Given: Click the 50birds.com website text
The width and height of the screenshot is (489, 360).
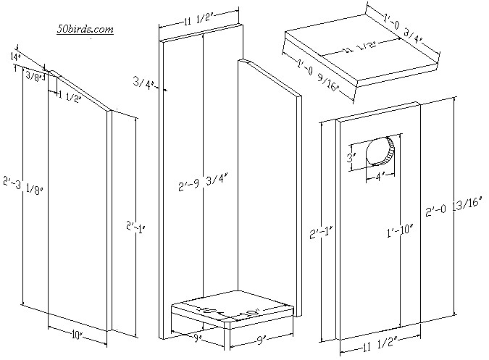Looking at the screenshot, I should coord(85,29).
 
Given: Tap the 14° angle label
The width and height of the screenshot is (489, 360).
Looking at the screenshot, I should coord(14,56).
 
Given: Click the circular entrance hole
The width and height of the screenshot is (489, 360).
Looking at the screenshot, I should coord(383,151).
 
